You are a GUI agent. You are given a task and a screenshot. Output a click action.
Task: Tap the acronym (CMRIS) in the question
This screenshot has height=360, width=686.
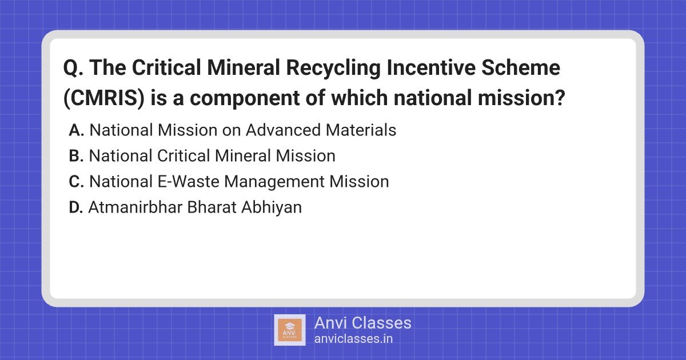[x=104, y=98]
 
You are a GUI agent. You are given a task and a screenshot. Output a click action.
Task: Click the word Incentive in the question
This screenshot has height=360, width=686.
[x=431, y=67]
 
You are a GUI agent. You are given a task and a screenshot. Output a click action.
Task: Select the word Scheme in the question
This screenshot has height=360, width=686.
[x=521, y=67]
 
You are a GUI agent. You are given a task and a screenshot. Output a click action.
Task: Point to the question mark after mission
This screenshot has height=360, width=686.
[x=560, y=98]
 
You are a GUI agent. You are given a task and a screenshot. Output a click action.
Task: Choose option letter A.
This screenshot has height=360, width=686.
[x=76, y=130]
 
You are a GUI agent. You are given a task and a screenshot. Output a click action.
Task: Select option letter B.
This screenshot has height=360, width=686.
[x=76, y=156]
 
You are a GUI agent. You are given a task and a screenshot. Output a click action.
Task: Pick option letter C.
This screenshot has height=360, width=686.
[x=76, y=182]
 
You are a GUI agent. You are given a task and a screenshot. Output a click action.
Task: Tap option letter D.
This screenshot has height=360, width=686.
[x=76, y=207]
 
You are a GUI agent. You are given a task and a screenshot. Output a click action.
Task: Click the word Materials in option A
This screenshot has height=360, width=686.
[x=361, y=130]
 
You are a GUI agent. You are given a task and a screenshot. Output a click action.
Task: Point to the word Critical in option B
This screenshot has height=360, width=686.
[x=183, y=156]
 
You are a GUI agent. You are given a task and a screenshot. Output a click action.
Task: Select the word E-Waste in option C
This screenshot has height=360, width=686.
[x=188, y=182]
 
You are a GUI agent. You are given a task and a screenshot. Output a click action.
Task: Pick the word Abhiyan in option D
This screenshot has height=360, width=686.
[x=272, y=208]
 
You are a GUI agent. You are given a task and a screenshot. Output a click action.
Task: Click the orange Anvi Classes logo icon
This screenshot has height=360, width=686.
[x=290, y=330]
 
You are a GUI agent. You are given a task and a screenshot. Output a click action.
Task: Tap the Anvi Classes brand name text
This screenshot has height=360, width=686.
[x=362, y=323]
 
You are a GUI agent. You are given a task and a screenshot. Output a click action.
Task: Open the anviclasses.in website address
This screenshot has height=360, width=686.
[x=353, y=339]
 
